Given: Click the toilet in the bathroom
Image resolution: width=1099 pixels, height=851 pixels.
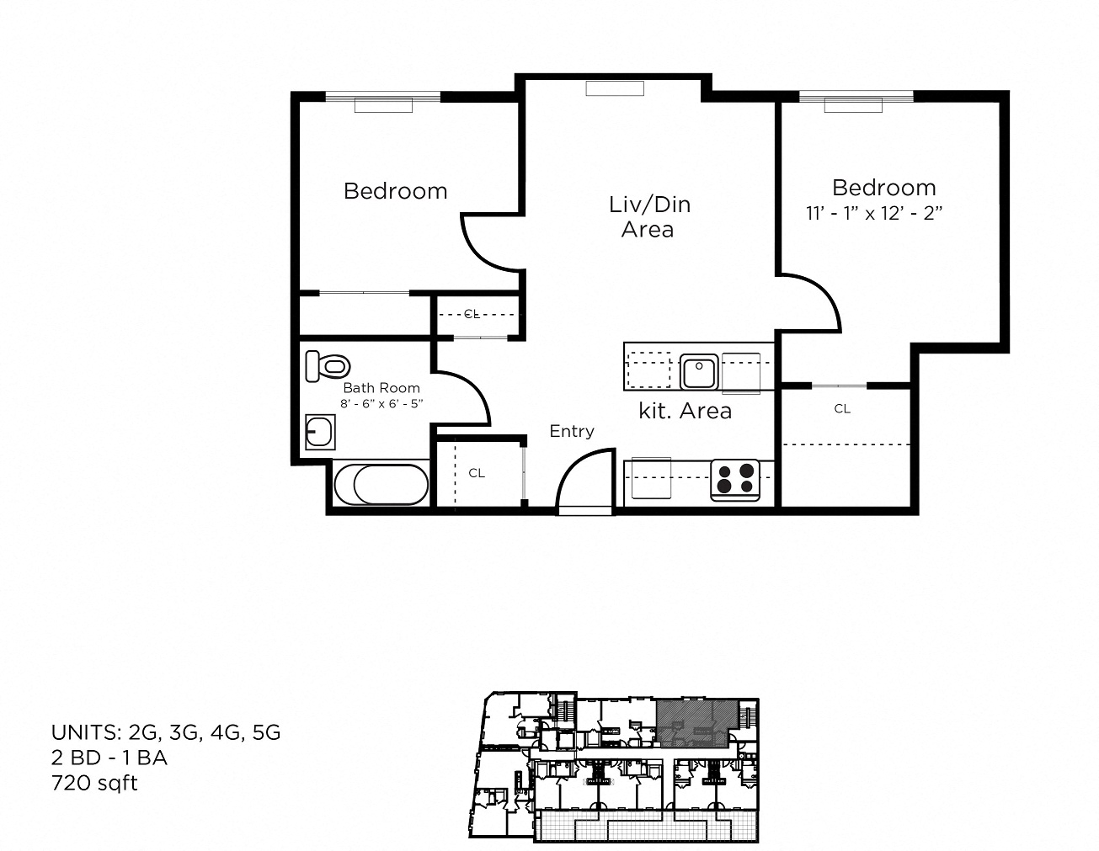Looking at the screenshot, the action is pyautogui.click(x=328, y=365).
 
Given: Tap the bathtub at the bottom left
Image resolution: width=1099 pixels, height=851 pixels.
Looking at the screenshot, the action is pyautogui.click(x=381, y=484).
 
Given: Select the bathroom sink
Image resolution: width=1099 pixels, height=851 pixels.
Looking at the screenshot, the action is pyautogui.click(x=320, y=432).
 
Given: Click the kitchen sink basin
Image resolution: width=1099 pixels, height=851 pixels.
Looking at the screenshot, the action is pyautogui.click(x=699, y=371).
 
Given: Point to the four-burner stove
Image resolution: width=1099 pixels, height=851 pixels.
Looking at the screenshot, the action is pyautogui.click(x=735, y=480).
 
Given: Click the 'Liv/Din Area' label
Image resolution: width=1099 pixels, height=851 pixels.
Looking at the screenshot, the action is pyautogui.click(x=649, y=217).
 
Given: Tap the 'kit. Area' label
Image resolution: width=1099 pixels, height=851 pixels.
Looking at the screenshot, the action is pyautogui.click(x=686, y=411).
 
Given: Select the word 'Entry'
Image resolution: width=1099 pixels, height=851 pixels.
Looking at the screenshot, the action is pyautogui.click(x=572, y=431).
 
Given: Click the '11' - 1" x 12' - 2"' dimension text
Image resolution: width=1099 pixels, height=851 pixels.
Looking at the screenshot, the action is pyautogui.click(x=874, y=214).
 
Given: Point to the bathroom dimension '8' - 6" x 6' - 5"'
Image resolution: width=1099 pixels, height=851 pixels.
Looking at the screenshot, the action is pyautogui.click(x=381, y=404).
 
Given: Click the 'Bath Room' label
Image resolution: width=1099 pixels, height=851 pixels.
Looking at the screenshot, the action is pyautogui.click(x=381, y=388).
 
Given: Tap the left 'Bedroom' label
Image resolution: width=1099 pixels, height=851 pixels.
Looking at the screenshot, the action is pyautogui.click(x=396, y=192).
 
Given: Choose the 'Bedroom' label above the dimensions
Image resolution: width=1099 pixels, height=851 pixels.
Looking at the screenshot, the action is pyautogui.click(x=884, y=188).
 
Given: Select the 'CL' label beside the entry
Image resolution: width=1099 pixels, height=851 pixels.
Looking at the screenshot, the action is pyautogui.click(x=477, y=473).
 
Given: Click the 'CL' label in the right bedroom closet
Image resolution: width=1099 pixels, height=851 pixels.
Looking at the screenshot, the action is pyautogui.click(x=842, y=409).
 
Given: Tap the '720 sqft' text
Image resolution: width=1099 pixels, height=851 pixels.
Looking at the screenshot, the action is pyautogui.click(x=94, y=784).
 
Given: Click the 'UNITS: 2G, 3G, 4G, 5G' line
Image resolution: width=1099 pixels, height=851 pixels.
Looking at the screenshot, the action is pyautogui.click(x=166, y=733).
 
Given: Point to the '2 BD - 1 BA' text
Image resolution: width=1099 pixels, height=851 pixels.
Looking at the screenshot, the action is pyautogui.click(x=109, y=758).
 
